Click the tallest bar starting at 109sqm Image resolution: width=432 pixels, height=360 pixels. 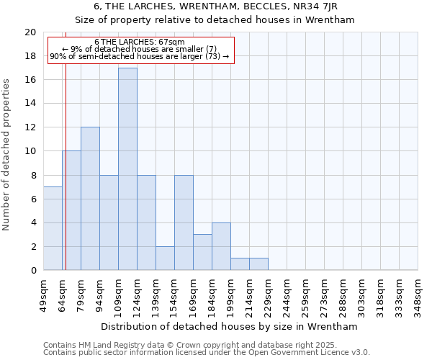click(x=127, y=169)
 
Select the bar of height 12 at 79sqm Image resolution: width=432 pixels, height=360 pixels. click(x=90, y=199)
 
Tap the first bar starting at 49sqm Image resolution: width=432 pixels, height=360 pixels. click(x=53, y=228)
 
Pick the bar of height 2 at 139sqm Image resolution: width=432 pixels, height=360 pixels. click(x=165, y=258)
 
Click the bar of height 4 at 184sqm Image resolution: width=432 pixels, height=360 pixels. click(x=221, y=246)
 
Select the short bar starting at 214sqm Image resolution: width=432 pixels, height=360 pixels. click(x=258, y=264)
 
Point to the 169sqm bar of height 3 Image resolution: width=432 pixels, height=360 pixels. click(x=202, y=252)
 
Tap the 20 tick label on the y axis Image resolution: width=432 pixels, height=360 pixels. click(x=30, y=32)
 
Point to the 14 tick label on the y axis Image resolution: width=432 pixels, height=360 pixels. click(x=30, y=104)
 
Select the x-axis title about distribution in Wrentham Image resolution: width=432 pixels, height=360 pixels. click(x=230, y=326)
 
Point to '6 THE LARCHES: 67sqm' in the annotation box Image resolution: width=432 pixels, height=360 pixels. click(x=140, y=42)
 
